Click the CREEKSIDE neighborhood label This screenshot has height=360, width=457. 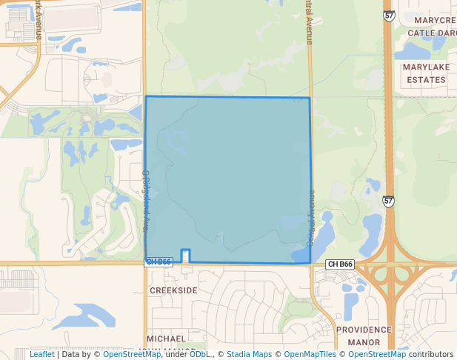pyautogui.click(x=174, y=290)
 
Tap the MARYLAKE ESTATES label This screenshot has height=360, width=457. pyautogui.click(x=425, y=73)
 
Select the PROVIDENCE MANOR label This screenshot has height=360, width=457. pyautogui.click(x=364, y=336)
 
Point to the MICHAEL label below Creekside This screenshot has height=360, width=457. pyautogui.click(x=167, y=339)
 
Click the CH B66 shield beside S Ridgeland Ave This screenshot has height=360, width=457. pyautogui.click(x=159, y=261)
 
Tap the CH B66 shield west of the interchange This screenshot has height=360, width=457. pyautogui.click(x=341, y=264)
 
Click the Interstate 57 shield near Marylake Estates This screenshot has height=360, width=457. pyautogui.click(x=389, y=15)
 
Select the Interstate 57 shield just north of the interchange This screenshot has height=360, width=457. pyautogui.click(x=389, y=201)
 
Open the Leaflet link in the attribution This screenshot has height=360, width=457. pyautogui.click(x=41, y=354)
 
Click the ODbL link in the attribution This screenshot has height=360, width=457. pyautogui.click(x=199, y=354)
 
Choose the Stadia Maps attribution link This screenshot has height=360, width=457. pyautogui.click(x=249, y=354)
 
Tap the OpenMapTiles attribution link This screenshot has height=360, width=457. pyautogui.click(x=310, y=354)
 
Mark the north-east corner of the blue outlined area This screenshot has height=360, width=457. pyautogui.click(x=310, y=98)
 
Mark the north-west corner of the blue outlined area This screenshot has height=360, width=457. pyautogui.click(x=146, y=96)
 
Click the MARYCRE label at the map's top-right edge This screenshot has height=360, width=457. pyautogui.click(x=435, y=20)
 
